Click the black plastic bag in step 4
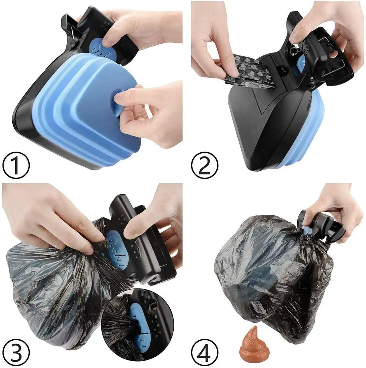(x=270, y=273)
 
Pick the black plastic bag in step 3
(x=51, y=290)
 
